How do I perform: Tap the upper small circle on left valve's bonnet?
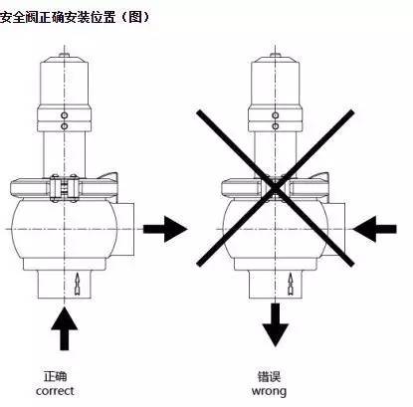pyautogui.click(x=67, y=114)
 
